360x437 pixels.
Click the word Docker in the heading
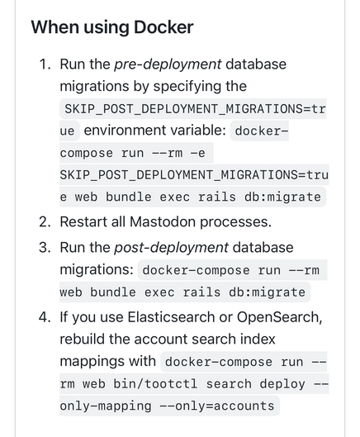coord(163,27)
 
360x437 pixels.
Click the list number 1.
coord(45,64)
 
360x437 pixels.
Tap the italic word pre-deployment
coord(168,64)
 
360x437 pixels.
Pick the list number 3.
coord(45,248)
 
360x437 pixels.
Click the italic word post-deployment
coord(171,248)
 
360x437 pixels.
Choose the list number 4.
coord(45,317)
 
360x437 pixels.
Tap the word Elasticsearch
coord(172,317)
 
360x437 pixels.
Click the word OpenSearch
coord(279,318)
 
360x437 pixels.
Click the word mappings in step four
coord(92,362)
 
